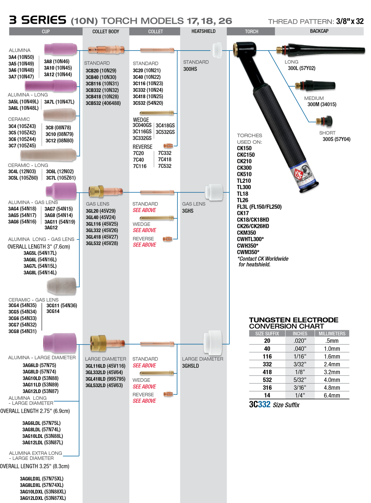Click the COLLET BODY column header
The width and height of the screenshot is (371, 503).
(106, 31)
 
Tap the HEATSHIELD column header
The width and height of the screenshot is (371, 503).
(203, 31)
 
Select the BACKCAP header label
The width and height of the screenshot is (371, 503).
(319, 31)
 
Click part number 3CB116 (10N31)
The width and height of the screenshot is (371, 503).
(102, 84)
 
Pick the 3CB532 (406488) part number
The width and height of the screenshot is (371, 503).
(103, 103)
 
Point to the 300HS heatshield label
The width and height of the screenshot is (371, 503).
(190, 69)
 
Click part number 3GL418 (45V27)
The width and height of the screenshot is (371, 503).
(102, 237)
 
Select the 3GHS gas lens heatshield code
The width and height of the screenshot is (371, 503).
(188, 211)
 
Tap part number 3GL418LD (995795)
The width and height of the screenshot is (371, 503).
(105, 379)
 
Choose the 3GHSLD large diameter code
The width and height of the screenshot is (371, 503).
(190, 366)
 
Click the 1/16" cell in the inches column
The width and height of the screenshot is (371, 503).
(300, 356)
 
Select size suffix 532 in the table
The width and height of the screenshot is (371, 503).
(267, 380)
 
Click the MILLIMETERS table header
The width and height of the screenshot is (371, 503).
(332, 334)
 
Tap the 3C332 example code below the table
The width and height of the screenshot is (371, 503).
(260, 405)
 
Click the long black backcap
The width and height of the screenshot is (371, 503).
(322, 49)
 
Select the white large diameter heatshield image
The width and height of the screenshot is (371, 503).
(213, 342)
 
